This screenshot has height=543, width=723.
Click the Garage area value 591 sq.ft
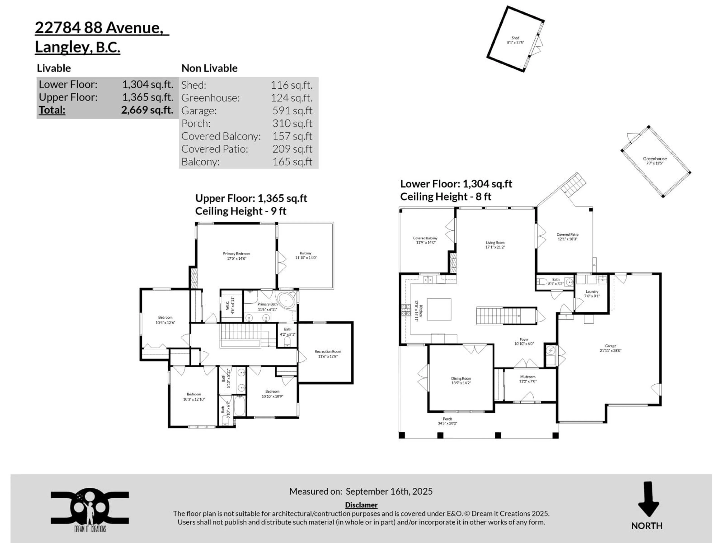292,111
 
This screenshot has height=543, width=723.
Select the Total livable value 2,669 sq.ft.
147,110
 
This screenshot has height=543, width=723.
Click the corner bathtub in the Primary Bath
287,300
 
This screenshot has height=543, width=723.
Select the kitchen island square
439,309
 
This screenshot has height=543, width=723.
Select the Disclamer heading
361,505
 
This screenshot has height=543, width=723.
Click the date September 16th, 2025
389,491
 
